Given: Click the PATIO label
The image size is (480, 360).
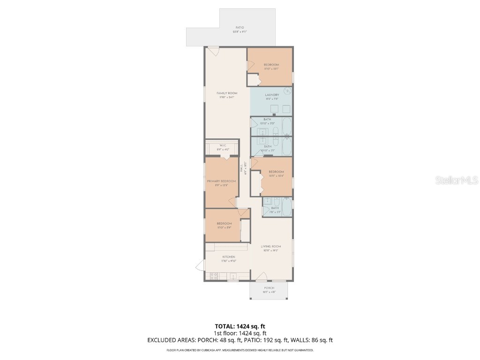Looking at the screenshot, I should [x=240, y=28].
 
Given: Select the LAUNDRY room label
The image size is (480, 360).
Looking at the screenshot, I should [x=271, y=95].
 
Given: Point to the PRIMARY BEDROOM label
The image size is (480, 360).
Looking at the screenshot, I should [x=221, y=181].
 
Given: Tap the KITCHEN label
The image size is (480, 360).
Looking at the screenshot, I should [x=229, y=257].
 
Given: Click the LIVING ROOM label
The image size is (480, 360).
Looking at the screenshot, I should [x=271, y=247].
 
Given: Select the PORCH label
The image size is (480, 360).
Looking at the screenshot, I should [x=269, y=288].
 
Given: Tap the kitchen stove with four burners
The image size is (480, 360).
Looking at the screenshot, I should [x=213, y=276].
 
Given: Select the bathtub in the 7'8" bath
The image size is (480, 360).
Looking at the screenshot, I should [x=286, y=206].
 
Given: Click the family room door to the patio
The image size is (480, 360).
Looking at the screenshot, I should [x=214, y=51].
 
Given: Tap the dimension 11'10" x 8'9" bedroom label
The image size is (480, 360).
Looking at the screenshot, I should [x=224, y=225].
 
